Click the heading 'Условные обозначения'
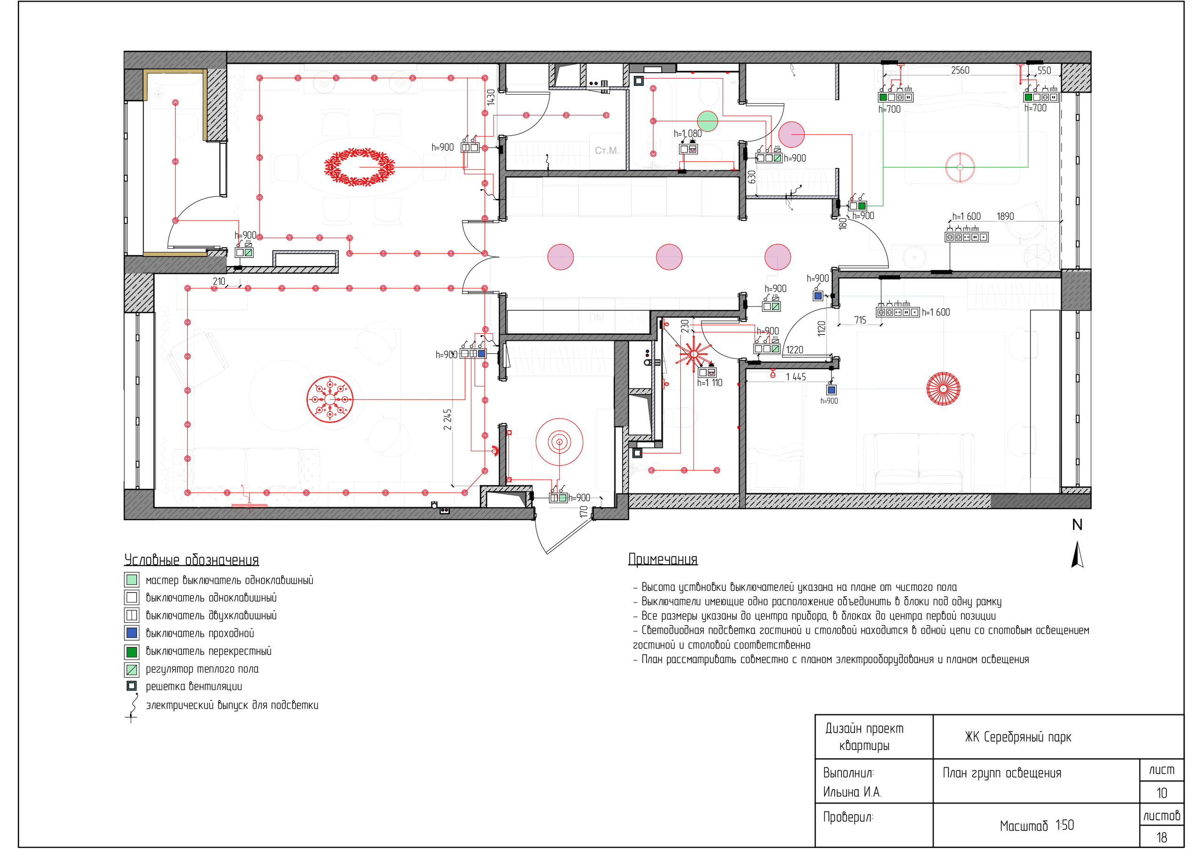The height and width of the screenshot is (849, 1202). (x=192, y=560)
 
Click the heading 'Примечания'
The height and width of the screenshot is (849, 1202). (x=663, y=559)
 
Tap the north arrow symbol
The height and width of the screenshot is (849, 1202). (x=1077, y=554)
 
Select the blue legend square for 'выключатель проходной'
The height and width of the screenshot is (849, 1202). (x=131, y=633)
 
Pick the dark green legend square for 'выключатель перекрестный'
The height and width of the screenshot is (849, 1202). (x=131, y=651)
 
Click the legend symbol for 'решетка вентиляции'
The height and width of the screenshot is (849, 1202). (x=131, y=686)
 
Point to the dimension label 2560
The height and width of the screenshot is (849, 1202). (x=960, y=70)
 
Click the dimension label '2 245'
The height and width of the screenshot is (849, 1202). (x=447, y=419)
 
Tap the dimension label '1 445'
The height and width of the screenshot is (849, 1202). (x=796, y=377)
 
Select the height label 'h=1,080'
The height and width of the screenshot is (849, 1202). (x=687, y=134)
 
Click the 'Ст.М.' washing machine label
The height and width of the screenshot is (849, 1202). (x=607, y=150)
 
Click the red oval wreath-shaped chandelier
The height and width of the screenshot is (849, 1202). (x=359, y=167)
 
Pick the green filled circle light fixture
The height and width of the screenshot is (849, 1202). (x=707, y=121)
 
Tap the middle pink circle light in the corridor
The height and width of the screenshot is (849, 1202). (x=669, y=257)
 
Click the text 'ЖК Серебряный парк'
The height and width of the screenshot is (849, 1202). (x=1018, y=737)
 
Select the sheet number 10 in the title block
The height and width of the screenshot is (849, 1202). (x=1162, y=793)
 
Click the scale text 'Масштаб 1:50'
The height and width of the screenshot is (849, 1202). (x=1037, y=826)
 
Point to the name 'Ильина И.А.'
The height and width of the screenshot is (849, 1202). (x=852, y=792)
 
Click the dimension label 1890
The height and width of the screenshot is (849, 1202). (x=1005, y=216)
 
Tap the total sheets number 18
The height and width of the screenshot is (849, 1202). (x=1162, y=837)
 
